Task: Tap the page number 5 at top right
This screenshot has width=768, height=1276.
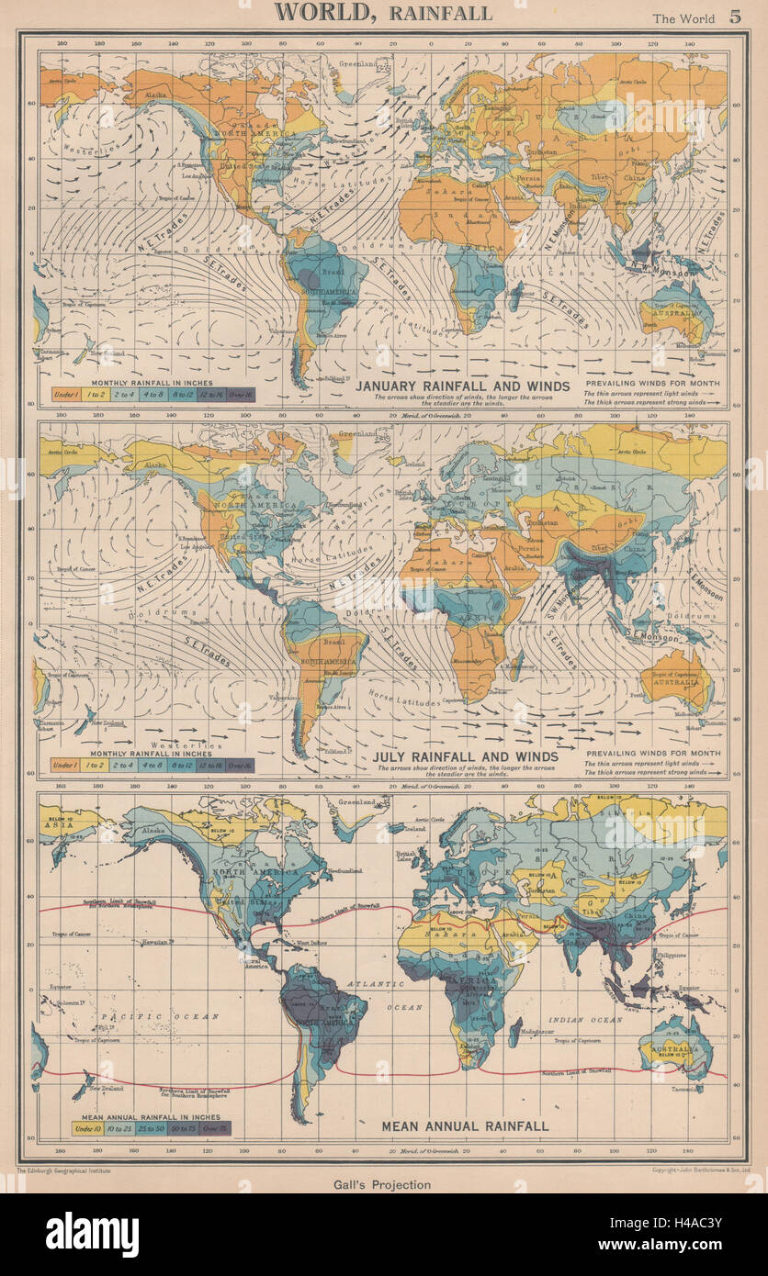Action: click(735, 16)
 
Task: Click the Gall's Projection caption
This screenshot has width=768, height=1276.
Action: click(384, 1184)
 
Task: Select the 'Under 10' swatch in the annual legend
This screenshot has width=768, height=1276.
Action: click(85, 1127)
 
